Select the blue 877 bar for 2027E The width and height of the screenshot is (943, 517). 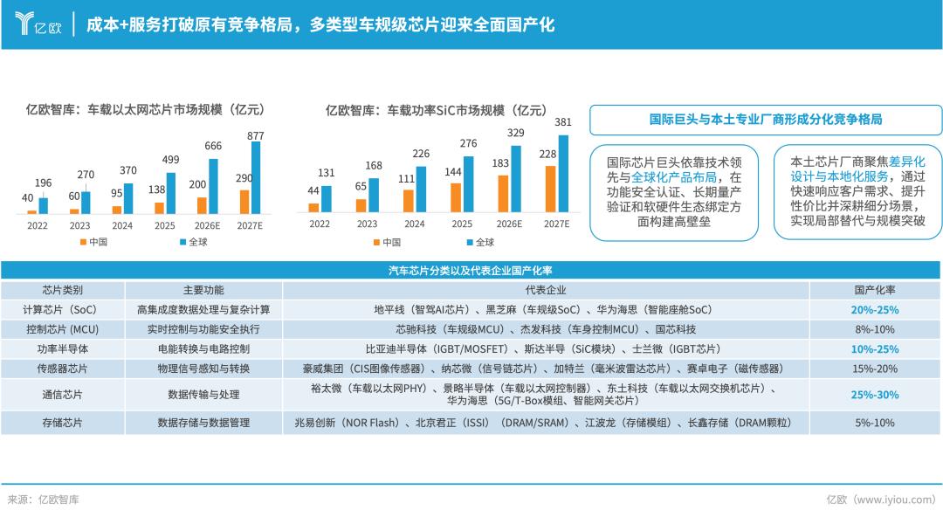tap(256, 177)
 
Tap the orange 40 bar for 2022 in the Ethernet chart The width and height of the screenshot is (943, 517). tap(31, 211)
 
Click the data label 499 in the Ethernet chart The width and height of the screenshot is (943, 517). tap(171, 159)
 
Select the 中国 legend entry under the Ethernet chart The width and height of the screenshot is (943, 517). tap(93, 243)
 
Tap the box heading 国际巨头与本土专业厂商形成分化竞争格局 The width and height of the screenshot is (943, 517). tap(765, 120)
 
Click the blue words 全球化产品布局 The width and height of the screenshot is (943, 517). tap(673, 177)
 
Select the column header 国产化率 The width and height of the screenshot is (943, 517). tap(874, 290)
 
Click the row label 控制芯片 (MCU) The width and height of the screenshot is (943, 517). tap(63, 330)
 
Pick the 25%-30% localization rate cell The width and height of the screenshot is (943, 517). tap(874, 395)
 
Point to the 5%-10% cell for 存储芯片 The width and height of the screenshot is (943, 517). tap(874, 423)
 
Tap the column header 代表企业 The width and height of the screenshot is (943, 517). tap(546, 290)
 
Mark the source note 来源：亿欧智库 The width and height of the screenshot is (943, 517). tap(44, 500)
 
